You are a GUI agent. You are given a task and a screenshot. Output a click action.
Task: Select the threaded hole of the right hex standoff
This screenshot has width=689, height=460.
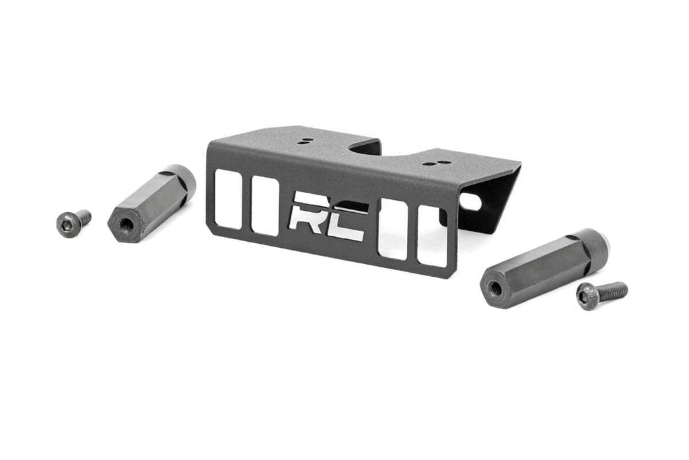(x=495, y=288)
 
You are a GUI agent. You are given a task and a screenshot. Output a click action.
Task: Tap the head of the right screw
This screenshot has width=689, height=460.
(x=587, y=295)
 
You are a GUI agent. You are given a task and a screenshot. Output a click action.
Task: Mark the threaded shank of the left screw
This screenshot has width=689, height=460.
(x=83, y=216)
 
